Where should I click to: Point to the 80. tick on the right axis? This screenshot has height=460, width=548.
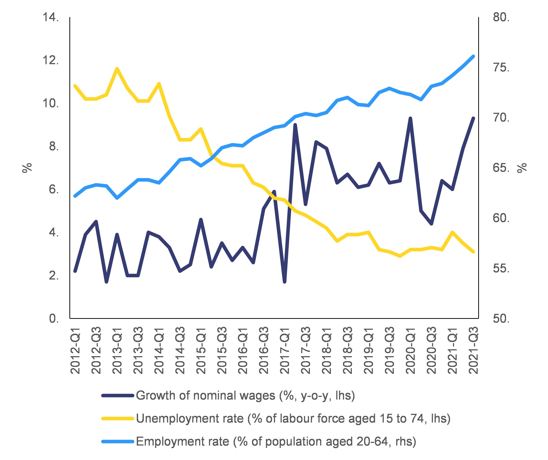501,18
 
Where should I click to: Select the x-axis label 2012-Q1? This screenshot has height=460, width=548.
75,350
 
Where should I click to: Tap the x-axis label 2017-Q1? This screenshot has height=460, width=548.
285,350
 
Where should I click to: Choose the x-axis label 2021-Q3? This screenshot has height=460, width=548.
473,350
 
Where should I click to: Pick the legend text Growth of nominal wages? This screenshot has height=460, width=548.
245,396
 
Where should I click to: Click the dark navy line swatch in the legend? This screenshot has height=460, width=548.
118,396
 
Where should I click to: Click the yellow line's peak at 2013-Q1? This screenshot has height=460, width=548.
117,69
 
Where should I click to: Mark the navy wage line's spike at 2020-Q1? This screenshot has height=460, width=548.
410,118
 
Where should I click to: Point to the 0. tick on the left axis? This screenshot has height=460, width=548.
53,319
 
